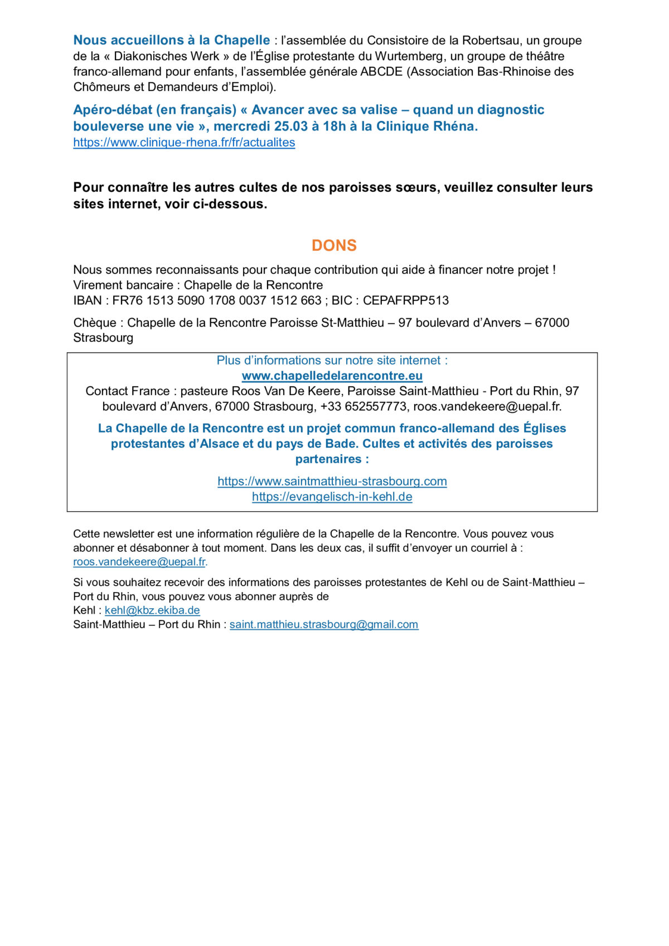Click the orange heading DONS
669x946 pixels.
[334, 245]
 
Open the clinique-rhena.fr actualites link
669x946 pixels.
[184, 143]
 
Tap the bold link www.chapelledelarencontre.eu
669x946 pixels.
[332, 376]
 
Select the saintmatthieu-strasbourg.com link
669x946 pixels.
[332, 481]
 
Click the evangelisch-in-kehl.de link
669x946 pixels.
[332, 497]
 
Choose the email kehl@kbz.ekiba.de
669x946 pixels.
[152, 610]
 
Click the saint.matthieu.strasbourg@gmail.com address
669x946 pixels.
[324, 624]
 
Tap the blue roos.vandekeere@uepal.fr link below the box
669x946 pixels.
[139, 562]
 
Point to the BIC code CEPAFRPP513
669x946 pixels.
[406, 300]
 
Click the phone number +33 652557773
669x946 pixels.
[363, 406]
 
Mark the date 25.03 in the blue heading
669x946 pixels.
[291, 127]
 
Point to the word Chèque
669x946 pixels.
[95, 323]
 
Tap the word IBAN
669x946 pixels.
[88, 300]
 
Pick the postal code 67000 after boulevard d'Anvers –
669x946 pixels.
[552, 323]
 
